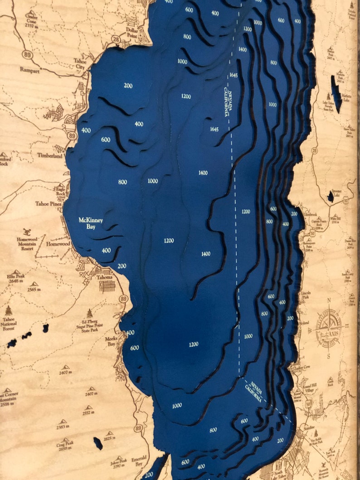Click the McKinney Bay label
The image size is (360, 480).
(x=91, y=223)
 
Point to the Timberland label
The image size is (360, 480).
(x=50, y=155)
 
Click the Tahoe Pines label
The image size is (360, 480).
(x=48, y=204)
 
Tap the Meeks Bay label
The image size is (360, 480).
(x=112, y=341)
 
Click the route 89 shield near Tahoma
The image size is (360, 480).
(x=123, y=299)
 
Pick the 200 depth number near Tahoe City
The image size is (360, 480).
(x=128, y=85)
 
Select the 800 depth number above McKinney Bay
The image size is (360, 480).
(x=122, y=182)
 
